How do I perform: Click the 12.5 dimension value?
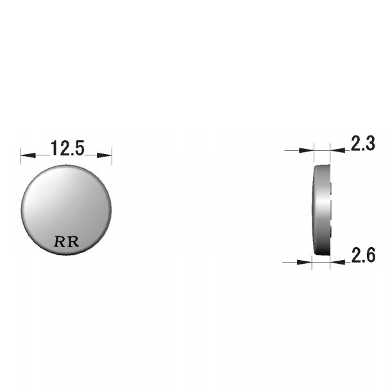67,148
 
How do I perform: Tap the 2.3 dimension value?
363,143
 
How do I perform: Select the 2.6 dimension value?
363,255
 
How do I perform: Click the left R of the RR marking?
60,241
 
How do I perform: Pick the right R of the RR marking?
73,241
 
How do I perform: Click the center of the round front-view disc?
66,210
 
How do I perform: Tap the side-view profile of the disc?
321,210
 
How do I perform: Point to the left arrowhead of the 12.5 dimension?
28,155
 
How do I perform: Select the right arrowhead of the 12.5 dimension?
104,155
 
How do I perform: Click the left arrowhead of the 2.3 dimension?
306,150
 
